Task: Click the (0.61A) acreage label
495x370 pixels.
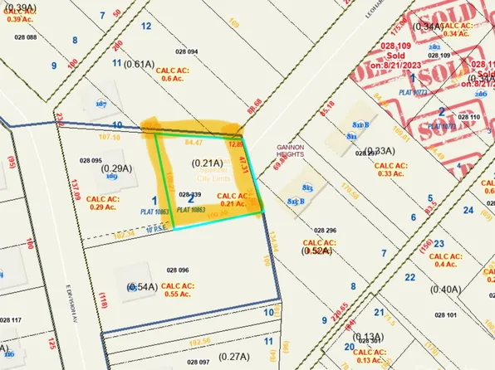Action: click(140, 63)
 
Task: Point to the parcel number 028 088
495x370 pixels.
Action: click(26, 38)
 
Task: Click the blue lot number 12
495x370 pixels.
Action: click(146, 26)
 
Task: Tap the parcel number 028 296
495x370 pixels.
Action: click(326, 229)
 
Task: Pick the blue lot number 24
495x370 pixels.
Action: click(469, 211)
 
